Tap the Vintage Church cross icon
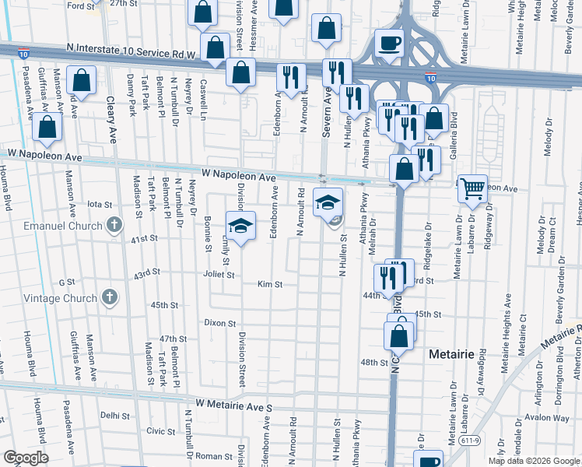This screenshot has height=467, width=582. pyautogui.click(x=110, y=297)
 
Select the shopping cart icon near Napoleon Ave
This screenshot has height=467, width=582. pyautogui.click(x=472, y=188)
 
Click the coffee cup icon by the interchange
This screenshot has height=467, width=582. pyautogui.click(x=388, y=43)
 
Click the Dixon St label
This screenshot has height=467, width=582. pyautogui.click(x=219, y=322)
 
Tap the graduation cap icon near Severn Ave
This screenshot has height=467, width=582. pyautogui.click(x=328, y=202)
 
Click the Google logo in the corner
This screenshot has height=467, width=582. pyautogui.click(x=26, y=458)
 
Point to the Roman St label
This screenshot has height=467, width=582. pyautogui.click(x=209, y=455)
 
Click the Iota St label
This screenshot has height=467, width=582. pyautogui.click(x=100, y=204)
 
